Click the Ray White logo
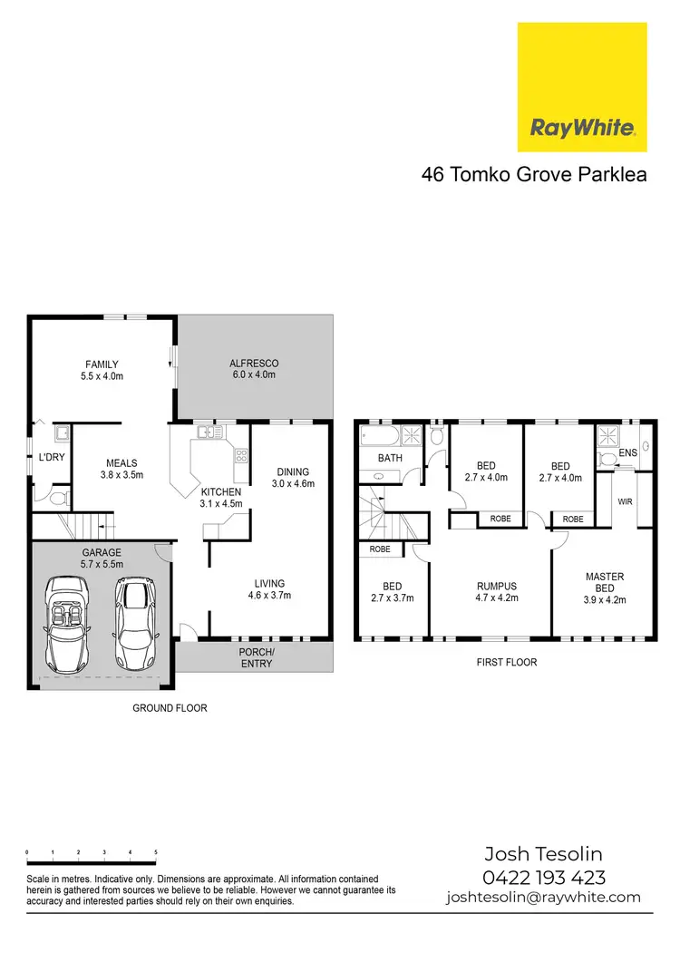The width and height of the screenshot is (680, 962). (581, 87)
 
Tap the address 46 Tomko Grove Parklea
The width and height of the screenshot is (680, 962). (534, 174)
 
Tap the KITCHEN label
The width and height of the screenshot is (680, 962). (221, 492)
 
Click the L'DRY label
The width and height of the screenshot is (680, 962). (51, 457)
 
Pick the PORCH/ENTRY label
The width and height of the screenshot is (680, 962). (257, 657)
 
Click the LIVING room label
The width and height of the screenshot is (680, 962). (269, 583)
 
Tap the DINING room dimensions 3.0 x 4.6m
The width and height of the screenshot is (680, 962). (293, 483)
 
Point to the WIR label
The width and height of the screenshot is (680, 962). (625, 500)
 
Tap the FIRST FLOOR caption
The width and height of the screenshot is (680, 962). (507, 663)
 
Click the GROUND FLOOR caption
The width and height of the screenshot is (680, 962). (170, 708)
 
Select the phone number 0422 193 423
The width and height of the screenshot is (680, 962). (543, 877)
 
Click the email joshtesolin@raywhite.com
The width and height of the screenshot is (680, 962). (543, 898)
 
